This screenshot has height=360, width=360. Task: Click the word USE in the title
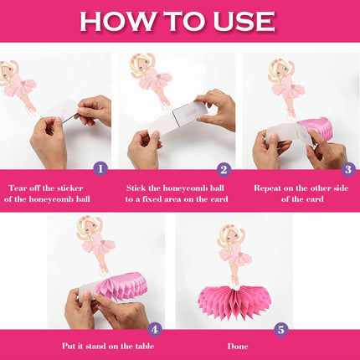[244, 21]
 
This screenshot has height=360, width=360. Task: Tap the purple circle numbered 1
[100, 169]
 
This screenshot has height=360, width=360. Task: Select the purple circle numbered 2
[224, 169]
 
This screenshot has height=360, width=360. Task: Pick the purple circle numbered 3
[348, 169]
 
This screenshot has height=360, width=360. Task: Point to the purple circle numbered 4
[155, 330]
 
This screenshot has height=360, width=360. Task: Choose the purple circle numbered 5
[280, 330]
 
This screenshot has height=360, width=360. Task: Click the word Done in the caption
[238, 347]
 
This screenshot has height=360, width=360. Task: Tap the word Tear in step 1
[18, 188]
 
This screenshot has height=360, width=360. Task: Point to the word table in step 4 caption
[145, 346]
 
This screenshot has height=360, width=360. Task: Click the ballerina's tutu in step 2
[155, 81]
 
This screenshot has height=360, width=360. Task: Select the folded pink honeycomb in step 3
[316, 128]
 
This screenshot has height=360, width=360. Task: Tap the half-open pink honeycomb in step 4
[121, 286]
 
